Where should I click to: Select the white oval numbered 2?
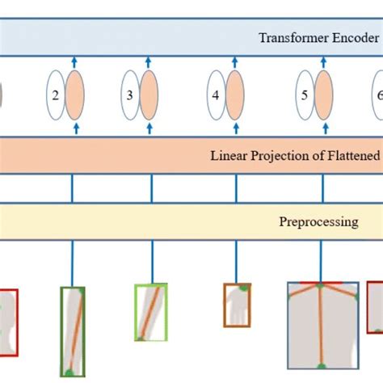56,95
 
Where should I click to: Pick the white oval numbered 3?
131,95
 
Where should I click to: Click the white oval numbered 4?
217,95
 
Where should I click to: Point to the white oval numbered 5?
304,95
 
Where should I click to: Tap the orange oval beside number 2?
75,95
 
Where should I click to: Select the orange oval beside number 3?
151,95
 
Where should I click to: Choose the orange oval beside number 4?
236,95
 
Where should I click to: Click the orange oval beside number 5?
323,95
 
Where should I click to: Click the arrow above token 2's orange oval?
75,61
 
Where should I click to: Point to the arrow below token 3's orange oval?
151,128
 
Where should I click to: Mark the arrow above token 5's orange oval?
323,61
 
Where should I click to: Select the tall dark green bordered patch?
72,331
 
